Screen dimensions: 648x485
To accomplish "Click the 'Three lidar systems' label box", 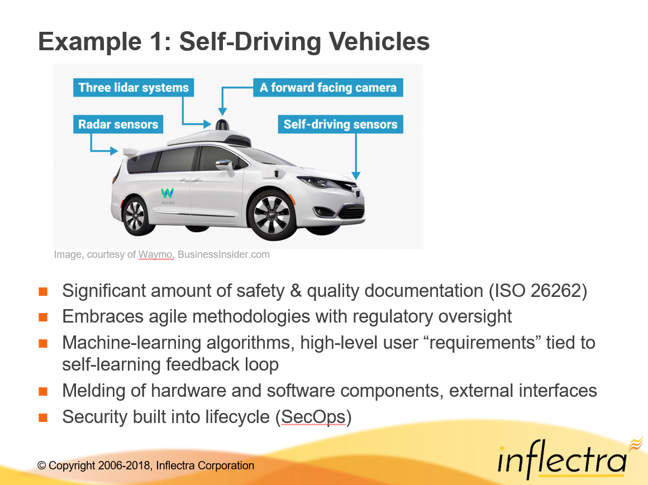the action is tap(134, 88).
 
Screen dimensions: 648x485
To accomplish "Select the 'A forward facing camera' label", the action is tap(328, 88).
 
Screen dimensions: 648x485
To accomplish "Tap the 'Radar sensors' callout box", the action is tap(118, 124).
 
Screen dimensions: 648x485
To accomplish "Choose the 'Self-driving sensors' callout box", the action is tap(341, 124).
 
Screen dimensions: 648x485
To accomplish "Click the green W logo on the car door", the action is tap(168, 193).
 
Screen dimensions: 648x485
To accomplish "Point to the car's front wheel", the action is tap(272, 215).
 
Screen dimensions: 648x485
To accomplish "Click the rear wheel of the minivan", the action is tap(136, 216).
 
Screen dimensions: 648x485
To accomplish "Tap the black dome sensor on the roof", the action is tap(222, 124).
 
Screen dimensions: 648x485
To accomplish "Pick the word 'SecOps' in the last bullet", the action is tap(313, 417).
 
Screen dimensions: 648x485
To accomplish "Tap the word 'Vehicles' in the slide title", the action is tap(379, 42).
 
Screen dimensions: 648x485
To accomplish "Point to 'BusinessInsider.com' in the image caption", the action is tap(223, 254).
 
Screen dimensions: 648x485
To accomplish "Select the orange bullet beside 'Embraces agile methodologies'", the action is tap(43, 318).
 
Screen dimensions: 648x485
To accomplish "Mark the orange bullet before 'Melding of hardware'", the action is tap(43, 391).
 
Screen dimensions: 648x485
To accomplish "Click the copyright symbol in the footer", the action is tap(41, 465).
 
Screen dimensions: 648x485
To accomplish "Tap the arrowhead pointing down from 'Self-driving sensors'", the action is tap(356, 175).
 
